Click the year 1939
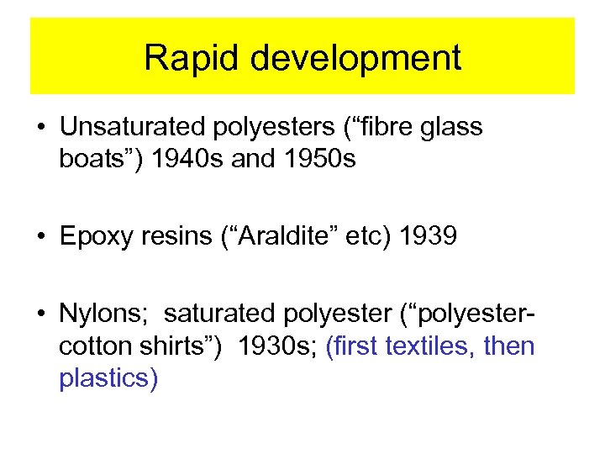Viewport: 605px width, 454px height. tap(429, 236)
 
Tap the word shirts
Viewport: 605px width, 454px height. tap(176, 346)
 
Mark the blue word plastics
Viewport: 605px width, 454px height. tap(108, 378)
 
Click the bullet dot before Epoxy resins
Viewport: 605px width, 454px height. tap(40, 237)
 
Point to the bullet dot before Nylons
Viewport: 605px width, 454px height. tap(40, 314)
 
